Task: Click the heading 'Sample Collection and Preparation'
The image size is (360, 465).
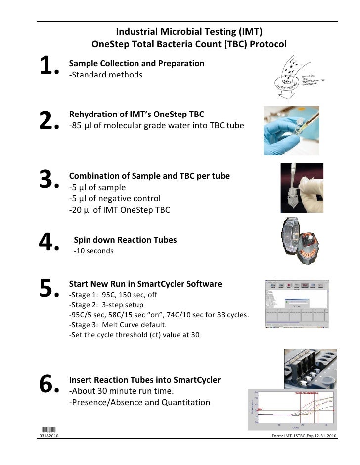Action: (x=136, y=64)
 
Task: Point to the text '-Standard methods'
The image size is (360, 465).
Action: (x=105, y=75)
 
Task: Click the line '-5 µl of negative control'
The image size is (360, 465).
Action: (x=115, y=199)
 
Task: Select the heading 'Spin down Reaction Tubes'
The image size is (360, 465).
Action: (x=125, y=240)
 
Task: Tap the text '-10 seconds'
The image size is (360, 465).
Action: (x=93, y=251)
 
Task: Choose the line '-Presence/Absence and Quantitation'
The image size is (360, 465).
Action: (x=139, y=402)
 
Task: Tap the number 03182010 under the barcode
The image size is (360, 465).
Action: (x=49, y=436)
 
